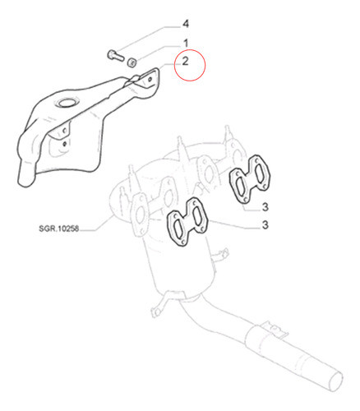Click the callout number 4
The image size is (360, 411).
(x=186, y=24)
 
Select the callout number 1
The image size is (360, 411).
(x=186, y=43)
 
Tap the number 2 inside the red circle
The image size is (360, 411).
(x=186, y=61)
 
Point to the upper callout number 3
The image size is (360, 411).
(x=265, y=207)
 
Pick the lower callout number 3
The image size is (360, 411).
(x=265, y=225)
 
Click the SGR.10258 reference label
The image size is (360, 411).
(x=59, y=229)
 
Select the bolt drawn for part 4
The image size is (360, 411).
(x=115, y=55)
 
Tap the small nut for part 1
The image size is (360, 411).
(x=132, y=62)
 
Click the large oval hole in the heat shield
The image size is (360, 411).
(x=67, y=103)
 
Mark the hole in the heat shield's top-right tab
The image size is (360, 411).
(x=150, y=79)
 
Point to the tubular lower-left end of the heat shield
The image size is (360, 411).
(x=26, y=175)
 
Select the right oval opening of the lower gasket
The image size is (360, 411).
(x=197, y=215)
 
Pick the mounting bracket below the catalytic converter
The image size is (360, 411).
(x=160, y=304)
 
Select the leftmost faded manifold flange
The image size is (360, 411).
(x=141, y=215)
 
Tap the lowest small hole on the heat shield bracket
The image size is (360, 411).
(x=65, y=143)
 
